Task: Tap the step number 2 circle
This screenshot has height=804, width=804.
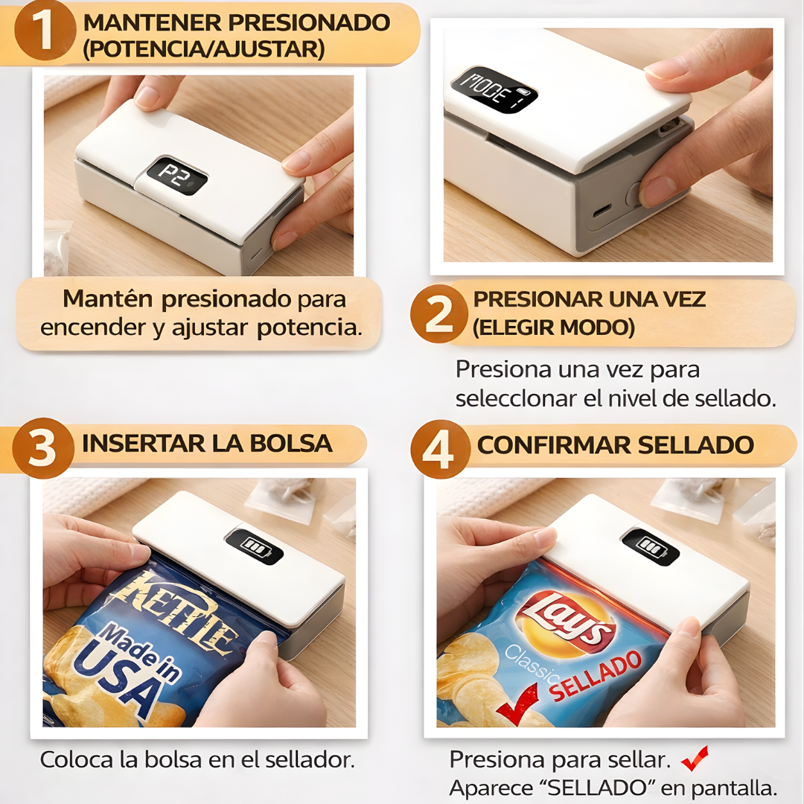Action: click(x=439, y=313)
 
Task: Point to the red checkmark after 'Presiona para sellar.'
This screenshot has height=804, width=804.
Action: click(x=695, y=758)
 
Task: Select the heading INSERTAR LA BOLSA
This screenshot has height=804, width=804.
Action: click(x=207, y=444)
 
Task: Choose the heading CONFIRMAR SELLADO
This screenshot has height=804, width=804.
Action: click(x=615, y=445)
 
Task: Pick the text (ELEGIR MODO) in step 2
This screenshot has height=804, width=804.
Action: click(x=553, y=328)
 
